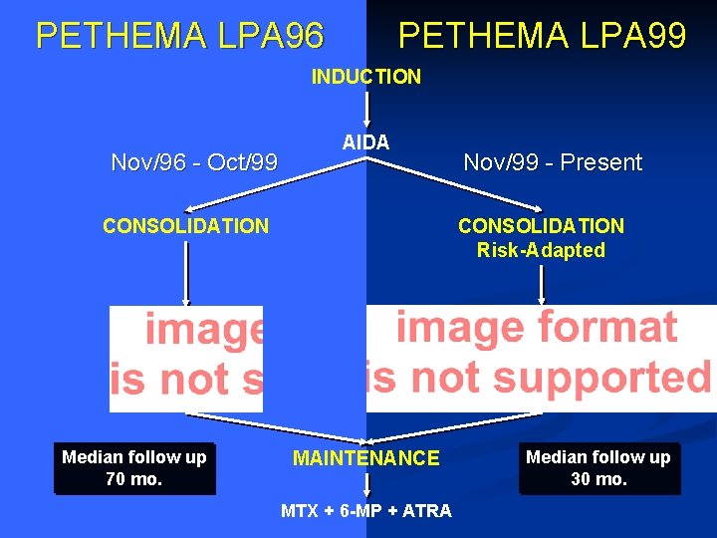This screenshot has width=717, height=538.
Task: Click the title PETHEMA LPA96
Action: click(x=179, y=36)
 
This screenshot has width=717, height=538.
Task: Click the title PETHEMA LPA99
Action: click(x=542, y=36)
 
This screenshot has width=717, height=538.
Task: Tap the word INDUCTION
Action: click(x=366, y=77)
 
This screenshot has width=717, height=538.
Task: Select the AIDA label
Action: click(x=365, y=142)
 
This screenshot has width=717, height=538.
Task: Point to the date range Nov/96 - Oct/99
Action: click(x=194, y=162)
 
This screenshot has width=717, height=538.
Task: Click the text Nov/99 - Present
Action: click(x=553, y=162)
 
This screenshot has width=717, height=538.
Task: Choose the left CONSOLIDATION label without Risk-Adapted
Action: click(x=186, y=226)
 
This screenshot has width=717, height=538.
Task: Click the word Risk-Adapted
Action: click(x=541, y=250)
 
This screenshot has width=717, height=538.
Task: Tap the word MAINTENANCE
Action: click(x=365, y=458)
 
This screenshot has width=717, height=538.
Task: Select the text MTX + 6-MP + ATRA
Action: click(x=365, y=511)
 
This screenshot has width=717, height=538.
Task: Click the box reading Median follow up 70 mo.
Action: click(x=134, y=468)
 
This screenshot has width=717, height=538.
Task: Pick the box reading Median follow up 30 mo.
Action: click(x=598, y=468)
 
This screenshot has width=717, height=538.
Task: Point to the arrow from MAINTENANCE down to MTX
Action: click(x=366, y=485)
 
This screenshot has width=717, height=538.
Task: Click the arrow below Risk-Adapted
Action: click(x=541, y=284)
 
